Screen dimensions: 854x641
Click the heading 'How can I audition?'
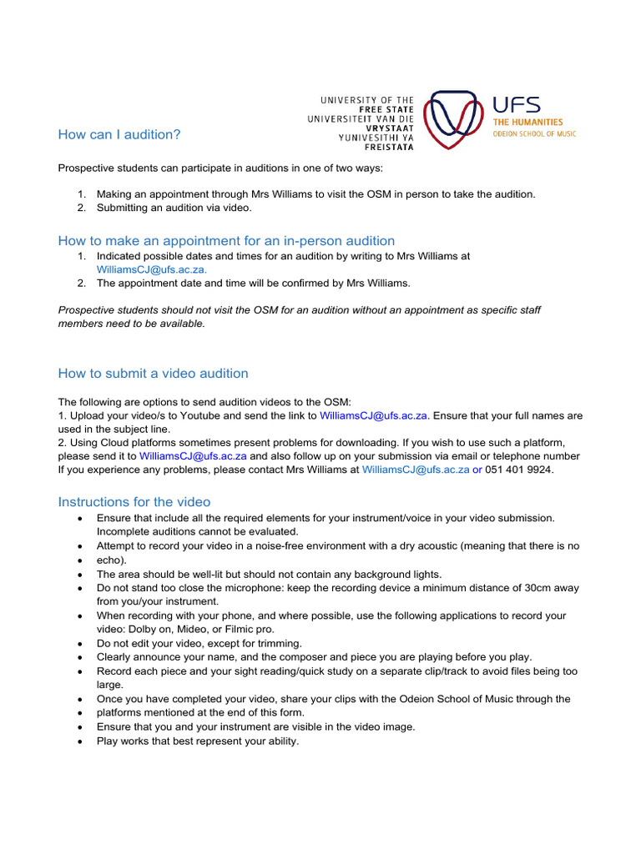click(119, 134)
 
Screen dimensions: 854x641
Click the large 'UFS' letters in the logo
click(516, 105)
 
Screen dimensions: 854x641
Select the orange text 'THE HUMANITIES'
click(527, 123)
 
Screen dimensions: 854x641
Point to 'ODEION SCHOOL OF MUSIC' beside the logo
click(534, 133)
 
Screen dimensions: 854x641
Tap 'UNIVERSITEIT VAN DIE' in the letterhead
click(361, 118)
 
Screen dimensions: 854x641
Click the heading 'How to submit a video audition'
click(153, 373)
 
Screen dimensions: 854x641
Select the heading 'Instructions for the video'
click(134, 501)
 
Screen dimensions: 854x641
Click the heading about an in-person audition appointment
click(226, 240)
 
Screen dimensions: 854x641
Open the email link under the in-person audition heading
click(152, 269)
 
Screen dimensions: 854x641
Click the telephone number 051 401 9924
click(519, 470)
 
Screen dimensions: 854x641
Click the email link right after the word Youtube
click(373, 414)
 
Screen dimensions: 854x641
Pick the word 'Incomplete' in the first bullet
click(124, 531)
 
